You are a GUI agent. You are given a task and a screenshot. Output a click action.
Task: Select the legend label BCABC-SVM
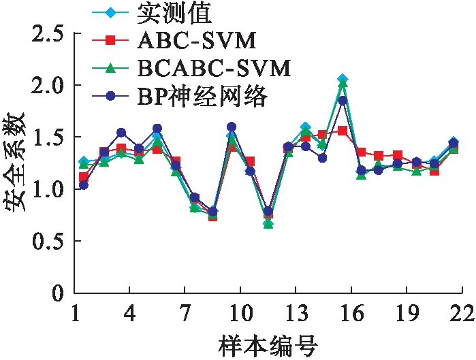[x=214, y=68]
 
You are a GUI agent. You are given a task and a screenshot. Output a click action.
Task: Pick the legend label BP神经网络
[x=204, y=97]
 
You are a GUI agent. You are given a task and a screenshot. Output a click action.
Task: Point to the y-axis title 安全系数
[x=16, y=163]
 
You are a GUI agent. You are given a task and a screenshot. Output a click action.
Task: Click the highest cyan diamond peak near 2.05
[x=343, y=80]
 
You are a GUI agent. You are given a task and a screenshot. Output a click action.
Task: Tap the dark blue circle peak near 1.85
[x=343, y=101]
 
